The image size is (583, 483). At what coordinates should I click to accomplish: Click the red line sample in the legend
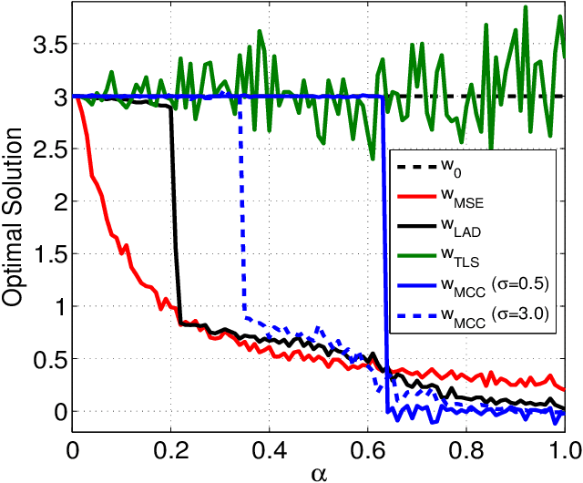click(x=415, y=194)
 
